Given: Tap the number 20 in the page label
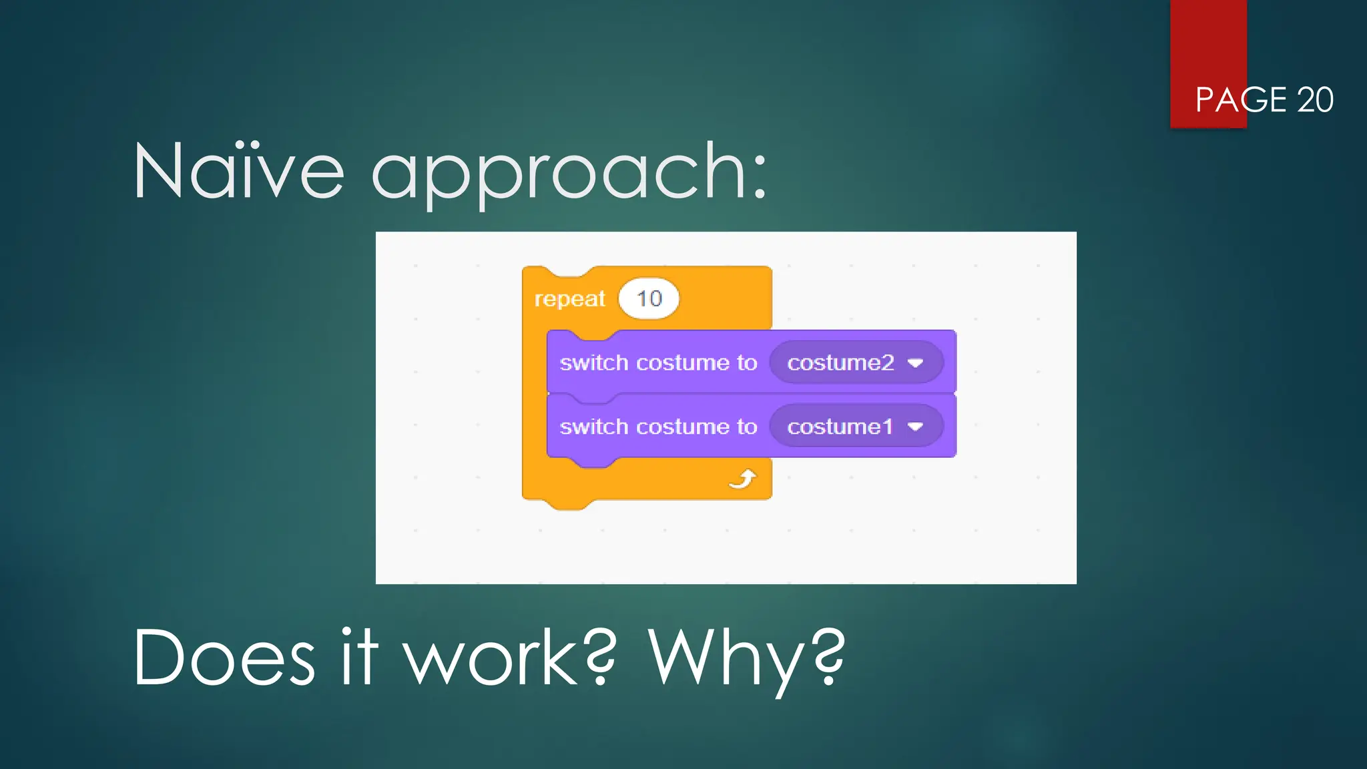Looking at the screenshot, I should [1314, 100].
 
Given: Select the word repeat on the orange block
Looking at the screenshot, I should [569, 299].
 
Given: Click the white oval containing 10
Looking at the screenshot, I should [649, 298].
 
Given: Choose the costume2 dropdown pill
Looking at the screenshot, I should [856, 362].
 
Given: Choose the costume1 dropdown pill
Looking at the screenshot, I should [856, 427].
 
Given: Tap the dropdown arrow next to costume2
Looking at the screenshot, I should [915, 363].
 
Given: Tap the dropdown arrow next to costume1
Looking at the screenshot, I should [915, 427].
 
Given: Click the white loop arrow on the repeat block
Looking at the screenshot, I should [742, 479].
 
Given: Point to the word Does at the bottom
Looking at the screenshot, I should [223, 658].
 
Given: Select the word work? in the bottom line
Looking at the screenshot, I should [511, 658].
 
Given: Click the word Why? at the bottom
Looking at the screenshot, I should [747, 658].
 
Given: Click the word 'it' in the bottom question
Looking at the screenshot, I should [359, 658].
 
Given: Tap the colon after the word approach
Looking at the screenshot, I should [760, 180].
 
